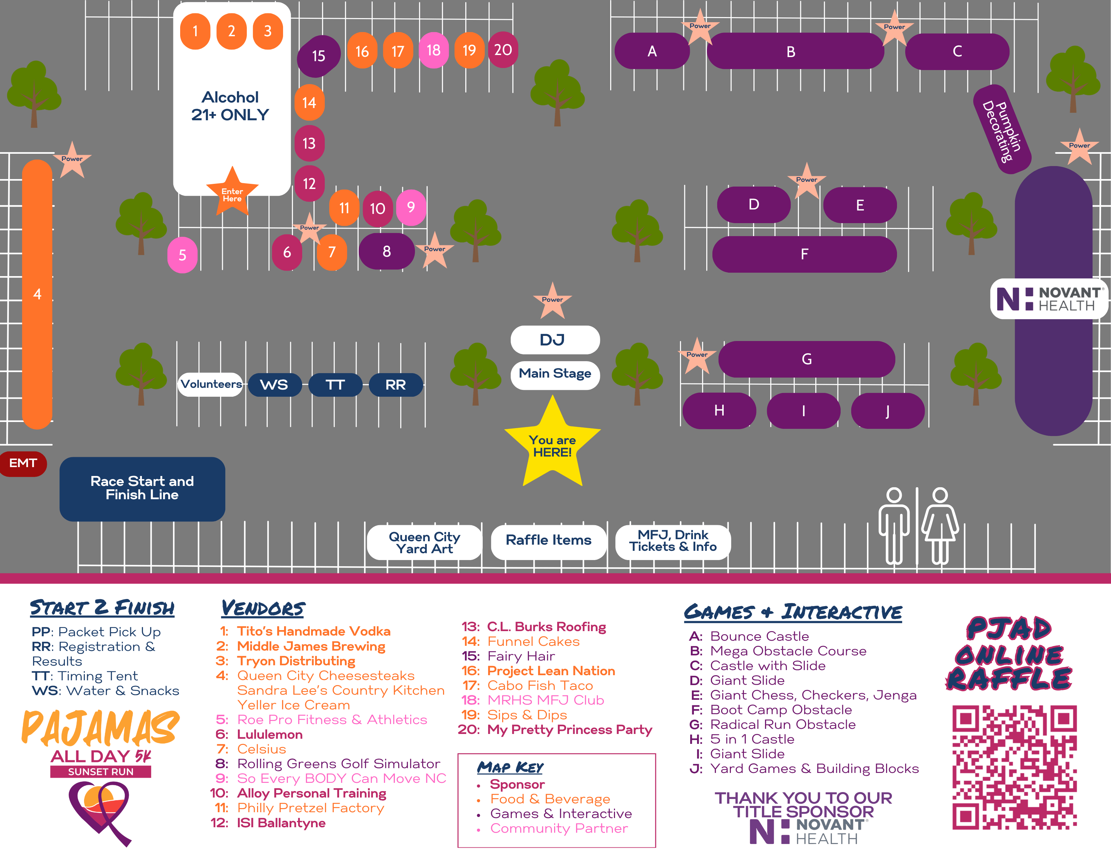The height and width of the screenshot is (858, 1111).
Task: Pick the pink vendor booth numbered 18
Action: (x=433, y=50)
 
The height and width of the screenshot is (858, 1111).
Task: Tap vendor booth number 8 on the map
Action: (x=387, y=251)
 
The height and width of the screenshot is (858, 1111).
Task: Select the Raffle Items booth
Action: (x=548, y=541)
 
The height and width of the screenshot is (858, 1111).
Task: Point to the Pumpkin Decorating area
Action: (x=1002, y=130)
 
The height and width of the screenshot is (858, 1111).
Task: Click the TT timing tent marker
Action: (x=335, y=384)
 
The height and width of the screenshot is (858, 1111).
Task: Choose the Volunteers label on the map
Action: (x=211, y=384)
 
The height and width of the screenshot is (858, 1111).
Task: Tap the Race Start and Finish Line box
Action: (x=143, y=489)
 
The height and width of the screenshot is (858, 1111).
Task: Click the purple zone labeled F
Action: (x=804, y=254)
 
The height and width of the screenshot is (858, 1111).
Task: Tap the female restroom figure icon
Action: (x=940, y=527)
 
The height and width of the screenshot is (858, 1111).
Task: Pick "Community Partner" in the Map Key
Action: (x=559, y=829)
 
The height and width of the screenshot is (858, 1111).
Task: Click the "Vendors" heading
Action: (x=264, y=608)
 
